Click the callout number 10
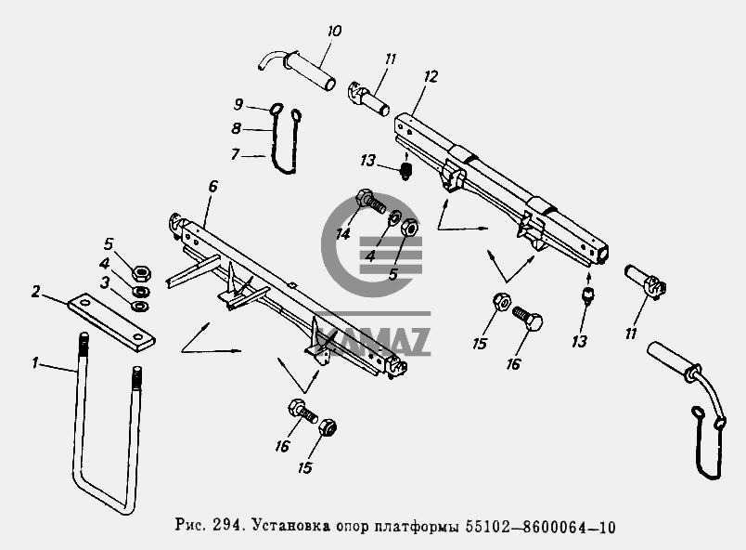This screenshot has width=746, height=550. click(x=334, y=32)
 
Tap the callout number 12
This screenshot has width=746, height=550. click(x=431, y=76)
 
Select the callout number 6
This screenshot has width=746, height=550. click(x=212, y=186)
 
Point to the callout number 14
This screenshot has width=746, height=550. click(x=342, y=234)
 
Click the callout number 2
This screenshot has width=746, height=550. click(x=36, y=292)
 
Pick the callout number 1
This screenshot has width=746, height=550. click(x=34, y=363)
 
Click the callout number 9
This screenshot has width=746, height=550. click(x=238, y=104)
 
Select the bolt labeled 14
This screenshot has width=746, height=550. click(x=371, y=202)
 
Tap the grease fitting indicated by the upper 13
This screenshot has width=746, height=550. click(x=405, y=170)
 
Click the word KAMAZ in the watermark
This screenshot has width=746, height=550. click(x=375, y=339)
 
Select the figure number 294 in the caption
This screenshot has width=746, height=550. click(x=224, y=526)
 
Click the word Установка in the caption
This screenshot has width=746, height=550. click(x=291, y=526)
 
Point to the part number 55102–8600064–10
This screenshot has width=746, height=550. click(x=540, y=527)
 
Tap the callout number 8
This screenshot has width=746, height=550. click(x=236, y=128)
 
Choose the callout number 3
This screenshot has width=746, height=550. click(x=105, y=282)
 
